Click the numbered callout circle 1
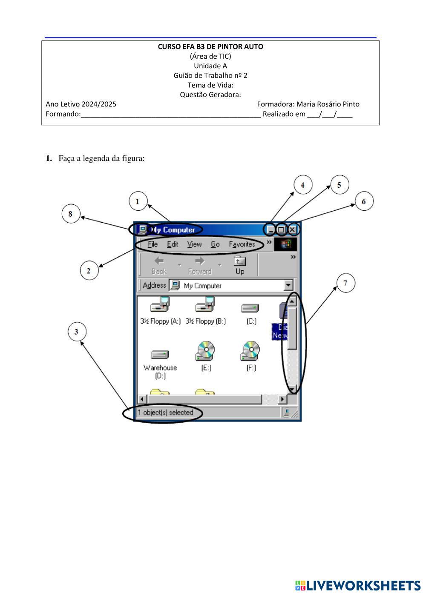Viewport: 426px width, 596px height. [137, 201]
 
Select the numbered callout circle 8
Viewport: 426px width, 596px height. [71, 213]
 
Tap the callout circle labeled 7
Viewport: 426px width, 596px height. [345, 283]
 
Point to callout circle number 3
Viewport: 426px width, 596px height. [77, 332]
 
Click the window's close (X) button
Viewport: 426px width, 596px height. [292, 230]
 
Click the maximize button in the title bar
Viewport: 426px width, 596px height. [281, 230]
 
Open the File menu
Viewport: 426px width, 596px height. [153, 244]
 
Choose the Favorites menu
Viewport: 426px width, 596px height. [242, 244]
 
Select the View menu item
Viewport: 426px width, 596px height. [194, 244]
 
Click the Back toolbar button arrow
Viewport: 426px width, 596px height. [159, 261]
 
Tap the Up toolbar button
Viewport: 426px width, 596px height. [240, 265]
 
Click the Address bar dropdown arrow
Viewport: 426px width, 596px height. [288, 285]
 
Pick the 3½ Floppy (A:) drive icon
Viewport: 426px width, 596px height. [160, 305]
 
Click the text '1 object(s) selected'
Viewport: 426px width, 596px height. [165, 413]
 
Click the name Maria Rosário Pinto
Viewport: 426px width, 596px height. [328, 104]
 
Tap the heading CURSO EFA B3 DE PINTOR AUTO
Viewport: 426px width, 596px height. [210, 46]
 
